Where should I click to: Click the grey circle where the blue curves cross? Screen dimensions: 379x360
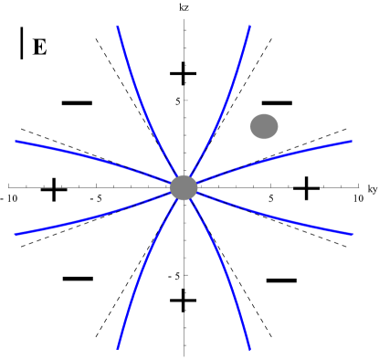[184, 187]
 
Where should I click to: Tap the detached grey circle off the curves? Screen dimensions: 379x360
[264, 126]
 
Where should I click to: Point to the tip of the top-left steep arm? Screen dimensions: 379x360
[118, 27]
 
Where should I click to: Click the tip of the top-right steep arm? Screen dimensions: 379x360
[250, 26]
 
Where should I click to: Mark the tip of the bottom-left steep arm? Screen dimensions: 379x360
[118, 348]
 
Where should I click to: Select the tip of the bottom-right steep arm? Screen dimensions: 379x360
[249, 348]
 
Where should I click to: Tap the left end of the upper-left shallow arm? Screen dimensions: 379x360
[16, 141]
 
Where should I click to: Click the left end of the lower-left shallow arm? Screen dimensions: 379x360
[16, 235]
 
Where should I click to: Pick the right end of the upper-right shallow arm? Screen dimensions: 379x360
[352, 141]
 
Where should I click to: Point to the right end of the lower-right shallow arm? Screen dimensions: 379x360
[352, 234]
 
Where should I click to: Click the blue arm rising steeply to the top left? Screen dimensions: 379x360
[141, 101]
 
